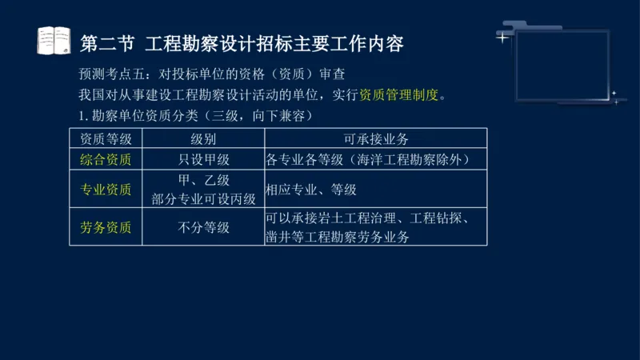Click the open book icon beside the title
(x=54, y=40)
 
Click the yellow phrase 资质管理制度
(x=399, y=95)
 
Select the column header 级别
(x=203, y=138)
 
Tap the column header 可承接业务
(x=376, y=138)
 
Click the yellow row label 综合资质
(x=106, y=159)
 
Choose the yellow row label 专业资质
(x=106, y=190)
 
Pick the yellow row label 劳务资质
(x=106, y=227)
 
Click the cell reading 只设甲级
(x=203, y=159)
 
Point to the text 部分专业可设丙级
(x=203, y=198)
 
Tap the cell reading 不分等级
(x=203, y=227)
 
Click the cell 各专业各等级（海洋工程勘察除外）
(x=367, y=159)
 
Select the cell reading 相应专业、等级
(x=311, y=190)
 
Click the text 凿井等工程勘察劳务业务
(x=337, y=237)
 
